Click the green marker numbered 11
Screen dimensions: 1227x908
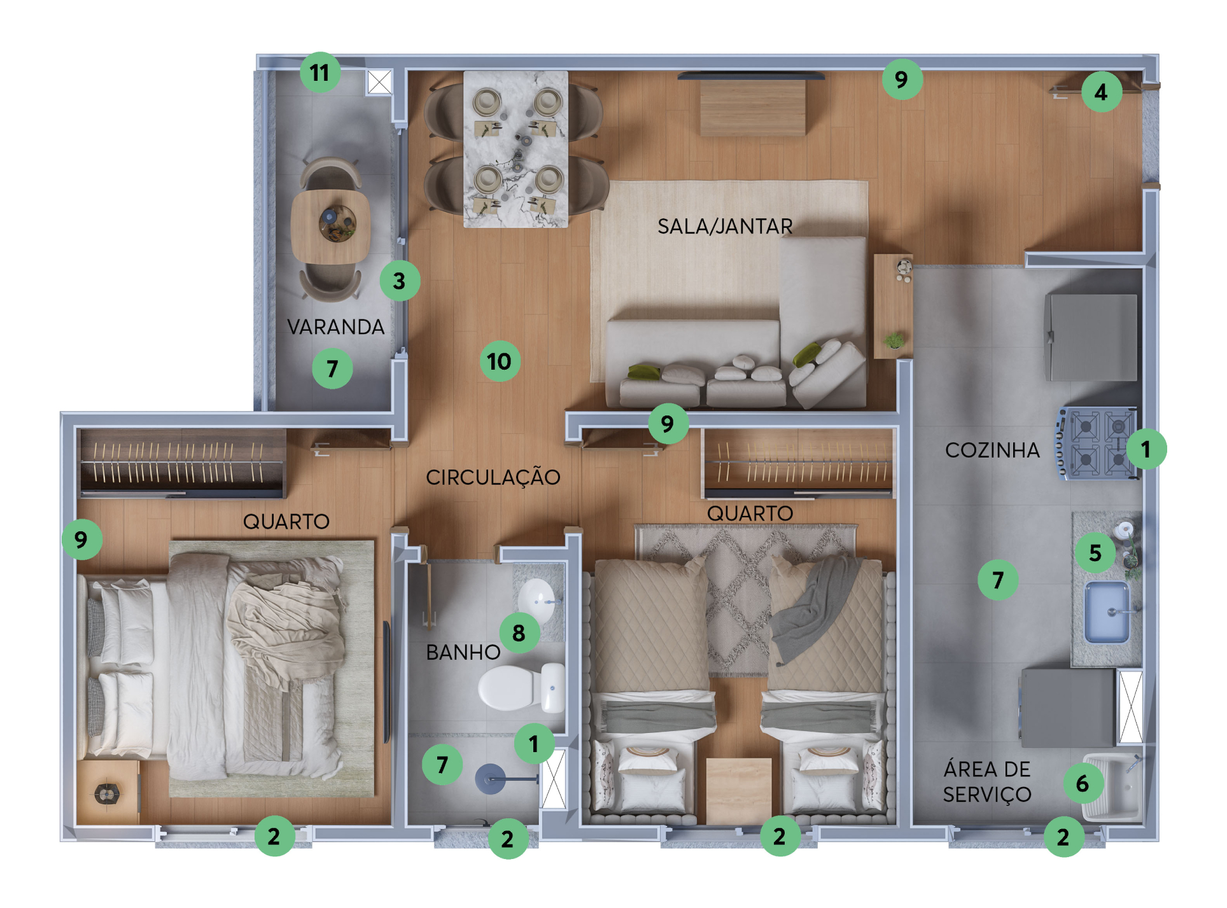[320, 73]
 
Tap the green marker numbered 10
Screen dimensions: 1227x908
[500, 361]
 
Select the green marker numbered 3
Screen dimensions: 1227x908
[400, 281]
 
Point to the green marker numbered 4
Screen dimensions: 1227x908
[1102, 92]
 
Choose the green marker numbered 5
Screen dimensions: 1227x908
[1095, 552]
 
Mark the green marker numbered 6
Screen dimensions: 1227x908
[1083, 783]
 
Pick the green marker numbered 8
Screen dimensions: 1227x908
[519, 632]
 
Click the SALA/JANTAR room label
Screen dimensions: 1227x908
[725, 227]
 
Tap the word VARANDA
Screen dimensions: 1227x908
[335, 327]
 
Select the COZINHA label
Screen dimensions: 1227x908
[992, 450]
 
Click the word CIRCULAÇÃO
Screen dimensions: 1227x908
[493, 477]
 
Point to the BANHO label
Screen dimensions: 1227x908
[463, 652]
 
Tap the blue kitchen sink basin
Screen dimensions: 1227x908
[1107, 612]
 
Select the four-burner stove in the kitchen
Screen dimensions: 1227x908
[1097, 443]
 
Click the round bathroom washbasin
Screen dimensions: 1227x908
[536, 600]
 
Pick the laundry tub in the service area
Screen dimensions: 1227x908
[1112, 786]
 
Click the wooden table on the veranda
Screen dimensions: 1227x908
[330, 227]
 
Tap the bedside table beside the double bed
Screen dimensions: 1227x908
[108, 792]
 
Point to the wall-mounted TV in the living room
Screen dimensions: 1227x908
[751, 76]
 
